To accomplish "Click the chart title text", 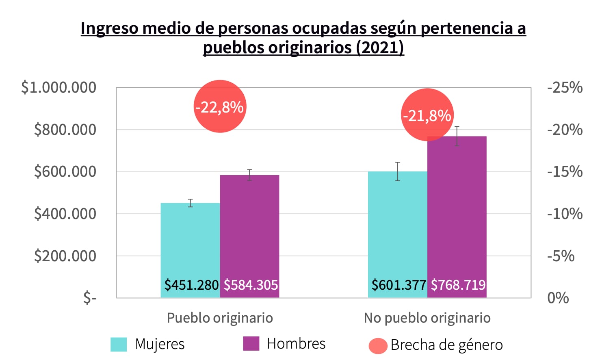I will (x=303, y=38).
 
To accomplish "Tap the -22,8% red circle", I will (x=220, y=106).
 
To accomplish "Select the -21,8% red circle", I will (x=427, y=115).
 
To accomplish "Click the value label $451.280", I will (x=191, y=285).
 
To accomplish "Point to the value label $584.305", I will (x=251, y=285).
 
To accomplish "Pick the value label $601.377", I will (x=398, y=285).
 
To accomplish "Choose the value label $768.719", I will (x=458, y=285).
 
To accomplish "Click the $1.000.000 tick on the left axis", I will (x=59, y=87).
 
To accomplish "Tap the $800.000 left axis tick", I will (x=65, y=130).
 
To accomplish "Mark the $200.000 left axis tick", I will (x=65, y=256).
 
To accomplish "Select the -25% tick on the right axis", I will (x=565, y=87).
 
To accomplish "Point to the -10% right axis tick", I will (x=565, y=214).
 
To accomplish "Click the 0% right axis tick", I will (x=558, y=298).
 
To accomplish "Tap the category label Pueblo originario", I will (x=220, y=318).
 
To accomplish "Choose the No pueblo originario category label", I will (x=427, y=318).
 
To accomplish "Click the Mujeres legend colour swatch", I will (x=119, y=344).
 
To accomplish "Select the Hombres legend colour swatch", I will (x=251, y=343).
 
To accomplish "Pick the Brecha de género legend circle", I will (x=378, y=346).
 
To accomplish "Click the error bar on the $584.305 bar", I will (x=249, y=175).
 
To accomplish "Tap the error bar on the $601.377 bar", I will (x=398, y=171).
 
